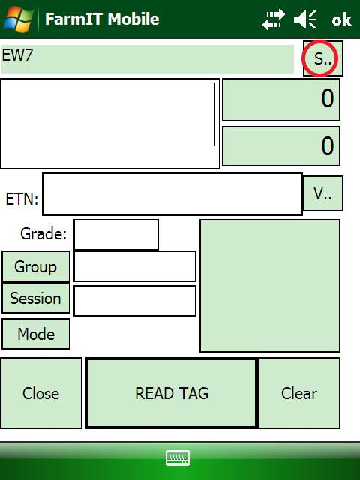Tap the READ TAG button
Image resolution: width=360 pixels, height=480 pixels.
click(172, 393)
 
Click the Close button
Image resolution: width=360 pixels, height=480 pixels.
click(41, 393)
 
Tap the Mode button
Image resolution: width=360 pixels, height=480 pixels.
click(36, 334)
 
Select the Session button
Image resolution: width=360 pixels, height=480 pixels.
click(36, 298)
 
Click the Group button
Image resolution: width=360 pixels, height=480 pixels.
click(36, 266)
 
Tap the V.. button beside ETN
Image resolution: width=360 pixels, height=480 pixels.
click(323, 193)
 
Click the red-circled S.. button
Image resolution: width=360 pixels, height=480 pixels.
click(322, 58)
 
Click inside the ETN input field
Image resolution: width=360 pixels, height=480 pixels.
click(172, 194)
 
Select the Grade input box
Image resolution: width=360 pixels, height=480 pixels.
click(116, 235)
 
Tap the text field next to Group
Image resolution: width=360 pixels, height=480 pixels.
click(135, 266)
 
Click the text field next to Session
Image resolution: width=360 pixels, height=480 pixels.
click(135, 301)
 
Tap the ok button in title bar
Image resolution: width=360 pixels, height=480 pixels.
click(342, 19)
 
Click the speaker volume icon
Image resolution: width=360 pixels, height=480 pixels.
click(305, 19)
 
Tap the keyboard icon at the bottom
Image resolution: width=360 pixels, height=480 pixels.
click(178, 457)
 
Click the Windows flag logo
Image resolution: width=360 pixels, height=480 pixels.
click(18, 19)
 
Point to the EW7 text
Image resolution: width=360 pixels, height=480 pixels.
click(17, 55)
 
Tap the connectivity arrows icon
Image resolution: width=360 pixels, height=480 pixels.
click(274, 19)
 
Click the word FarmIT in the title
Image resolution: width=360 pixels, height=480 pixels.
click(73, 19)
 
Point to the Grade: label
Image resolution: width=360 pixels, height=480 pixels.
click(43, 234)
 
